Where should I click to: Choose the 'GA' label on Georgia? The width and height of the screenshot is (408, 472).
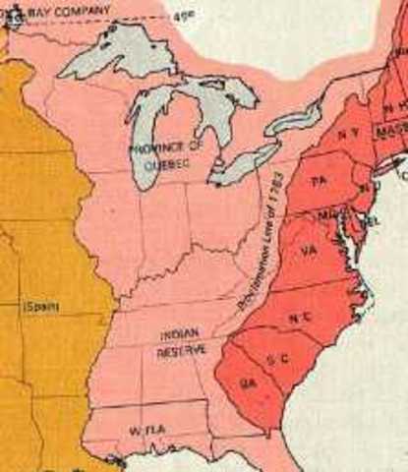pyautogui.click(x=247, y=384)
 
